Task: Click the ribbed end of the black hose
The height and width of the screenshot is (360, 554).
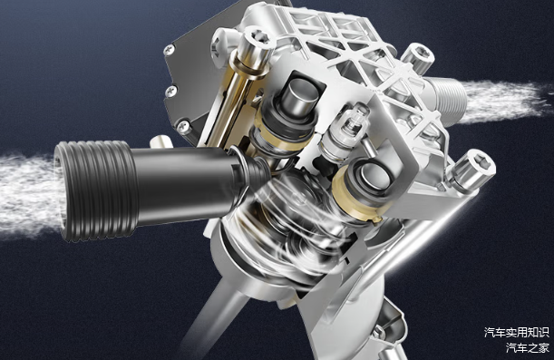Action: (x=96, y=190)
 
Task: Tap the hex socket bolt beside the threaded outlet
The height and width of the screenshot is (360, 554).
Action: (x=418, y=57)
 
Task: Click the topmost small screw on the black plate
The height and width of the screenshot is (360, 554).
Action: (x=170, y=50)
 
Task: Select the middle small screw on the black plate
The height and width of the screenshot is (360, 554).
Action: (x=172, y=91)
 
